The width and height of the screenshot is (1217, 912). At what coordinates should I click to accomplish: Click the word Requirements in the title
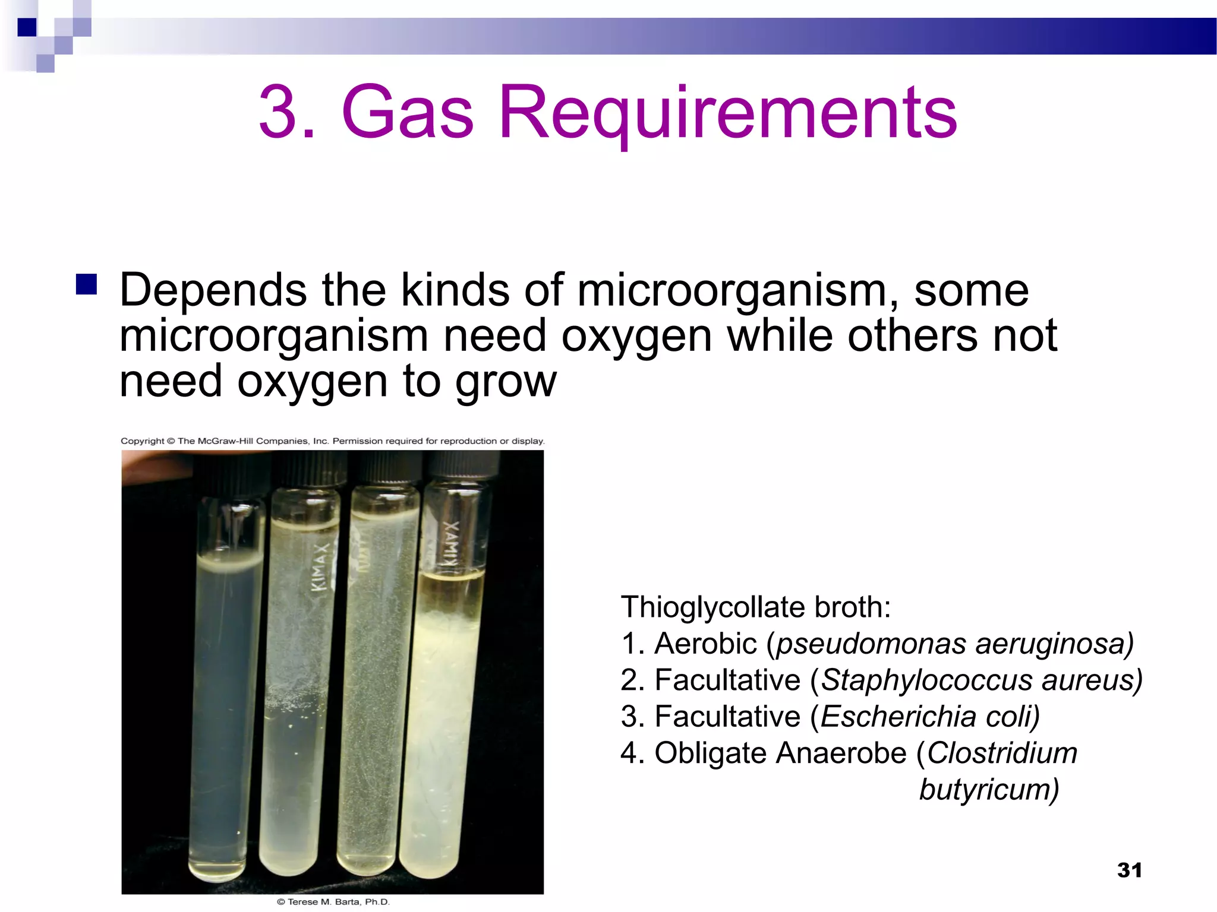[x=728, y=113]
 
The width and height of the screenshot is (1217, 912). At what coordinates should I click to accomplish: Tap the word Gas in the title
[x=408, y=113]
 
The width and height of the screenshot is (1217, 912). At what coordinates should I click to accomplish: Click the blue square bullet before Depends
[x=87, y=284]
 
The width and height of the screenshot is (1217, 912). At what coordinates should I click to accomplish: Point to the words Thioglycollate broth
[x=755, y=607]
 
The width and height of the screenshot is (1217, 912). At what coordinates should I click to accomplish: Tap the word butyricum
[x=989, y=790]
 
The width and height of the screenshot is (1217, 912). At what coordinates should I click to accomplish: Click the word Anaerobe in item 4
[x=841, y=753]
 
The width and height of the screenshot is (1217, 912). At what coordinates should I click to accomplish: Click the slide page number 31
[x=1129, y=870]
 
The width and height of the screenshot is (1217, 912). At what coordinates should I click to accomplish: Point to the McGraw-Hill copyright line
[x=332, y=441]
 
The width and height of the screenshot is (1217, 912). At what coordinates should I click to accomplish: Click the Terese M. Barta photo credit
[x=333, y=902]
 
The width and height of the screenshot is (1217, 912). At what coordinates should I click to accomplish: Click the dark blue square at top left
[x=27, y=27]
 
